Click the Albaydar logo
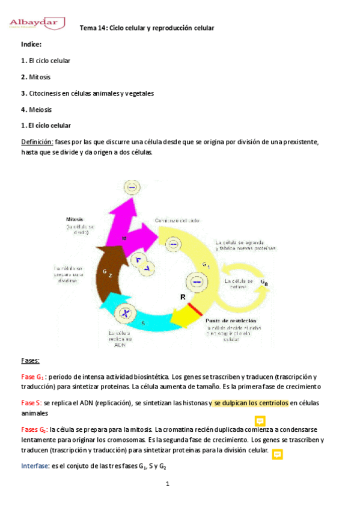point(37,24)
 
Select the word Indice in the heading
point(31,45)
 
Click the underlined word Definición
point(37,142)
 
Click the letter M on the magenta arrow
point(124,239)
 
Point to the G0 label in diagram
point(264,282)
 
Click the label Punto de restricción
point(231,321)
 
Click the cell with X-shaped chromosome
point(125,313)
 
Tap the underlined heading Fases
point(30,360)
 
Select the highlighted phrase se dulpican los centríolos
point(251,403)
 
